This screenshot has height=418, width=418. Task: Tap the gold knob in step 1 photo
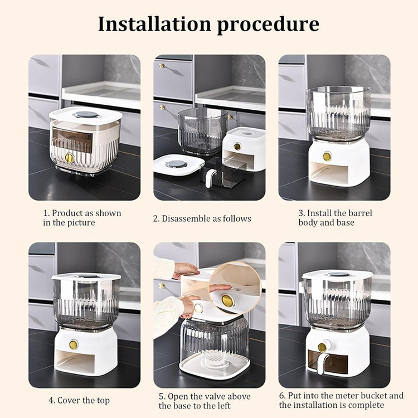point(70,158)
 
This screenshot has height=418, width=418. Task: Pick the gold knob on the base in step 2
point(237,147)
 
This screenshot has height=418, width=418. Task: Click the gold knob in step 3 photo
point(327,157)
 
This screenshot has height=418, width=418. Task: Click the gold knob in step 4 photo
point(74,344)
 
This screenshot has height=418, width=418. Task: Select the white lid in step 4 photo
point(86,276)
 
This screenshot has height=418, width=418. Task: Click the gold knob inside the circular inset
point(227,301)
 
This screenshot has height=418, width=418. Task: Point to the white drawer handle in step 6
point(321,358)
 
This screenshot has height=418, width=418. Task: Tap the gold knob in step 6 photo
point(322,347)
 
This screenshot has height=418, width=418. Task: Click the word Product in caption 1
point(67,213)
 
